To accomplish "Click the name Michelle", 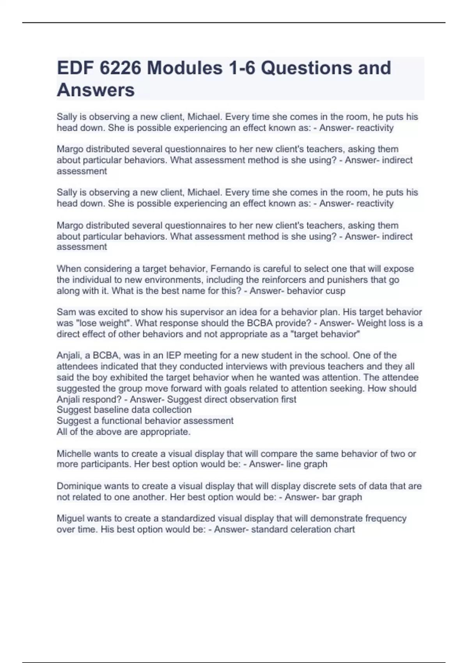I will [x=74, y=454].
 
